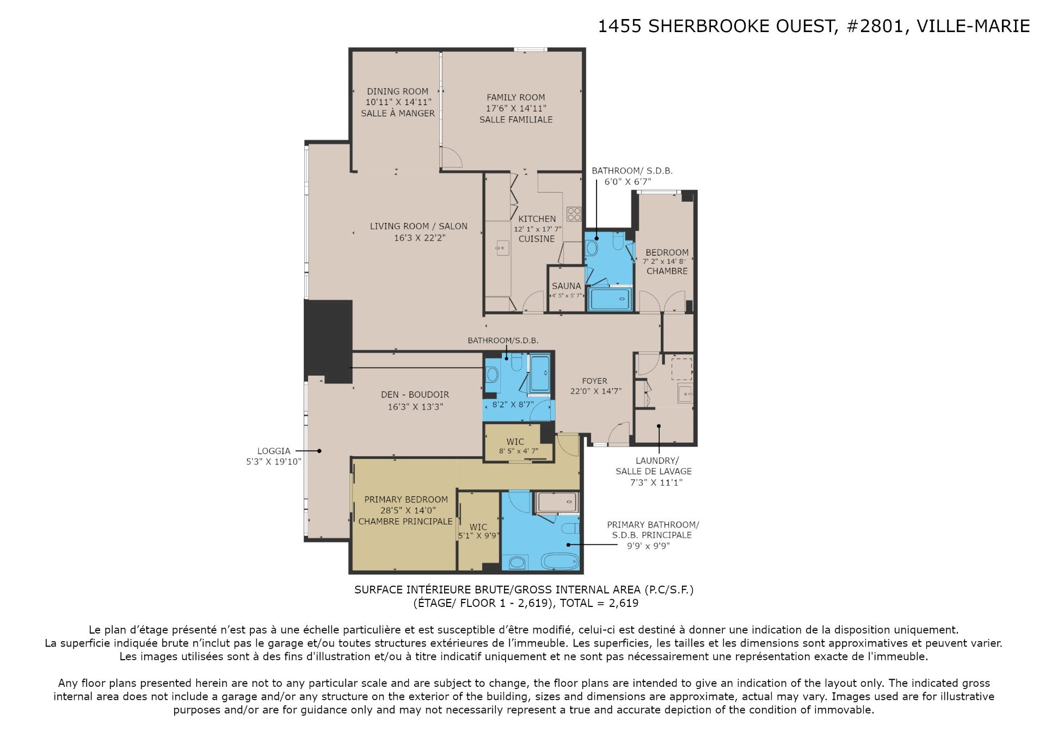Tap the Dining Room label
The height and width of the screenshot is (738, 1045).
[397, 91]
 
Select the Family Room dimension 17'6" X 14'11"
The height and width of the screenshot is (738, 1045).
[516, 108]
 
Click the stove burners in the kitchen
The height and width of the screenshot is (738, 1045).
[574, 214]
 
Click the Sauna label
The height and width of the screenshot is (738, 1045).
[566, 286]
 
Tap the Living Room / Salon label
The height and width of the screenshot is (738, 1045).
[419, 226]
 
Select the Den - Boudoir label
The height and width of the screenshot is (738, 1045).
[415, 394]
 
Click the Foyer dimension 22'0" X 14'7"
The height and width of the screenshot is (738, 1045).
[595, 391]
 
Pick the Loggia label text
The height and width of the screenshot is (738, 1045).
[274, 451]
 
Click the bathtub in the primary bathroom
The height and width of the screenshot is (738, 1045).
[560, 561]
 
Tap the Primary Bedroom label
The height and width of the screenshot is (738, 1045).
[406, 499]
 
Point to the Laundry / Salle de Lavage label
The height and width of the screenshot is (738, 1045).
[654, 466]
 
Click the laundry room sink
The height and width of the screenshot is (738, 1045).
[684, 393]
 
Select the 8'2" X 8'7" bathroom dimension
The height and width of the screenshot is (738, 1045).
[513, 405]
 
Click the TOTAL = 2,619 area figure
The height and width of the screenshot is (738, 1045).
[599, 603]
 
